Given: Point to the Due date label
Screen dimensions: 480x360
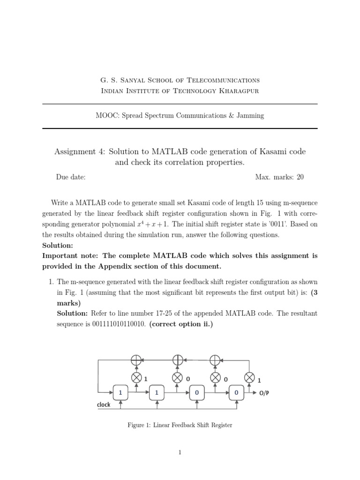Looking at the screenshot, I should tap(71, 177).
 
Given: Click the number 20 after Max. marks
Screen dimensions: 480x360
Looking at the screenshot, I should tap(300, 177).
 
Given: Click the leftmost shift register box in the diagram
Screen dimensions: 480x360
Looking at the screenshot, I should tap(120, 393).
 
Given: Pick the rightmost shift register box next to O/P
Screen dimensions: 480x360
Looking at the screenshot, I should tap(236, 393).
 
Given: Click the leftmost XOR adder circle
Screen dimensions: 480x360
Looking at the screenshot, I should tap(136, 360).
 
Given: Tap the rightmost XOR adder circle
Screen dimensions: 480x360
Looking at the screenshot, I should tap(215, 360).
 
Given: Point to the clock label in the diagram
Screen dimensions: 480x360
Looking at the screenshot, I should tap(104, 405).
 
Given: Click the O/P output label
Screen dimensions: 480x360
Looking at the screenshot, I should tap(265, 394).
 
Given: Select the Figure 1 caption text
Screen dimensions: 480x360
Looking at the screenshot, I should tap(180, 425).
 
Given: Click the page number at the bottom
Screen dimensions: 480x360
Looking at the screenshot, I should tap(180, 452).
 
